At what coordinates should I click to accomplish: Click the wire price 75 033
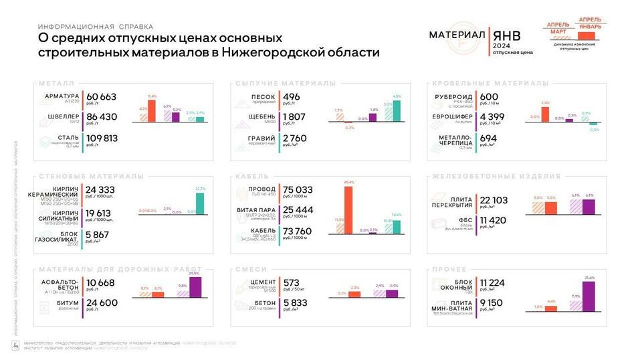(x=298, y=189)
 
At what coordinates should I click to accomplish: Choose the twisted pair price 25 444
(x=298, y=210)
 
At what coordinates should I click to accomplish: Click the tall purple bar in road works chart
(x=195, y=287)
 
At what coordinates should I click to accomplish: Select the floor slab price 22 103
(x=494, y=199)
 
